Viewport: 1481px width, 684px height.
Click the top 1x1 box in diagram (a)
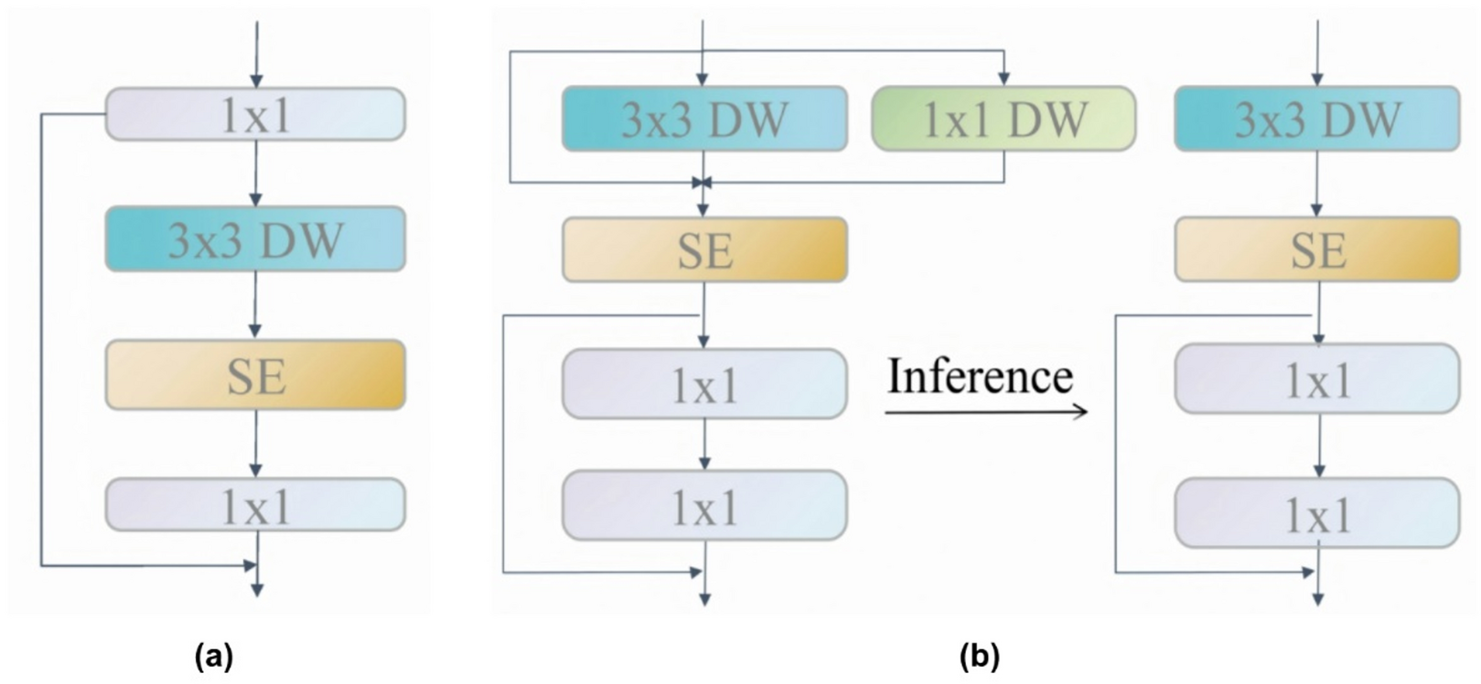point(255,114)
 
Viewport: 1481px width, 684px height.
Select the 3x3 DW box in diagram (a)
point(255,239)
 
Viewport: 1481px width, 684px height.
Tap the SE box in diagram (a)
point(255,375)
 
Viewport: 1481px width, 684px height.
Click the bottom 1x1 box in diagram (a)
point(255,505)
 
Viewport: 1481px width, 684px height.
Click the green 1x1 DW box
point(1003,119)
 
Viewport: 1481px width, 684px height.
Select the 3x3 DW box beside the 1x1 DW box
point(704,119)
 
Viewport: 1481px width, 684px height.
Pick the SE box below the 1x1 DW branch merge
point(704,250)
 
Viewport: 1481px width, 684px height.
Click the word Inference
point(980,376)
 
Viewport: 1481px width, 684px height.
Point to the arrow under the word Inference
point(986,411)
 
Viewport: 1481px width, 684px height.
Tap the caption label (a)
point(214,656)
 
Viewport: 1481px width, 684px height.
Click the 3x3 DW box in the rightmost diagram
point(1316,119)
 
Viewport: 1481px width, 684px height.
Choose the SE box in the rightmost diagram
point(1316,250)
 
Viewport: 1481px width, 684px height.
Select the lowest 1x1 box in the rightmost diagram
point(1316,513)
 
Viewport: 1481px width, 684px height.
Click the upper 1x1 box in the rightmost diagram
point(1316,379)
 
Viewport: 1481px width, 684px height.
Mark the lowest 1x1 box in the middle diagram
point(704,506)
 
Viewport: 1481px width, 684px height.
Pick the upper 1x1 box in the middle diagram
point(704,384)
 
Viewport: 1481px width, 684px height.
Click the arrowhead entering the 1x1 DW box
point(1004,80)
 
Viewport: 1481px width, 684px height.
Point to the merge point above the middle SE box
point(702,183)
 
